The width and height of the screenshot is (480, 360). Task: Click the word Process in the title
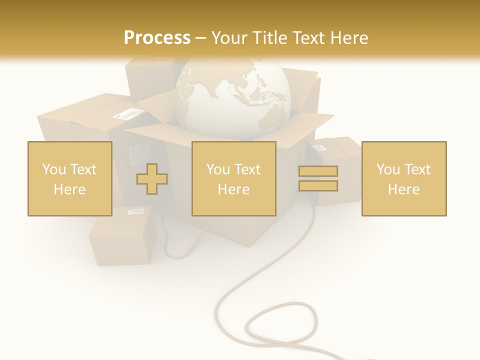[157, 37]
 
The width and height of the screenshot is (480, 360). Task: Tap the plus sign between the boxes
[152, 178]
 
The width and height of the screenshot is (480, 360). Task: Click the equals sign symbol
[318, 178]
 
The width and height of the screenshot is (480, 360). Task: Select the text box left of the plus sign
[70, 178]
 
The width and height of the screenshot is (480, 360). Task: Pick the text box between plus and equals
[233, 178]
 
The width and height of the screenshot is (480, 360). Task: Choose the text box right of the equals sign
[404, 178]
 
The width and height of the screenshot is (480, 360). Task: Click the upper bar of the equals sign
[318, 171]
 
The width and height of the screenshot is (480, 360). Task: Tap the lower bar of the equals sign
[318, 185]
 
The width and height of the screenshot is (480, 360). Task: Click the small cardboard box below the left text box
[120, 240]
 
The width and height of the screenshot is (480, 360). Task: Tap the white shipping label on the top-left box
[125, 114]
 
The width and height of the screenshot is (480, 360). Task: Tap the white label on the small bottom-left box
[135, 212]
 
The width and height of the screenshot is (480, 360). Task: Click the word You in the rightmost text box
[388, 169]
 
